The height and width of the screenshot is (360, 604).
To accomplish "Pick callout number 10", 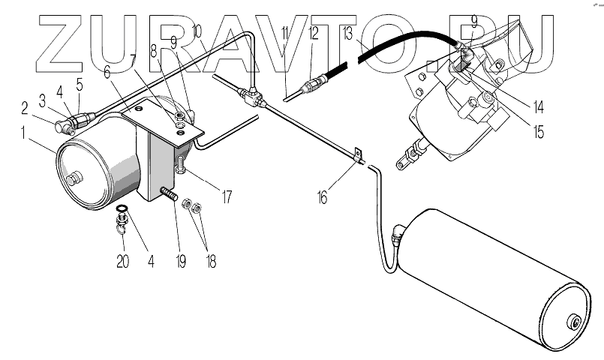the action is pos(197,33).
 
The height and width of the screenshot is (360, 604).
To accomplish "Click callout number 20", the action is pos(122,262).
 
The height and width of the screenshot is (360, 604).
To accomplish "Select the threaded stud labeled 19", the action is pos(170,196).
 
